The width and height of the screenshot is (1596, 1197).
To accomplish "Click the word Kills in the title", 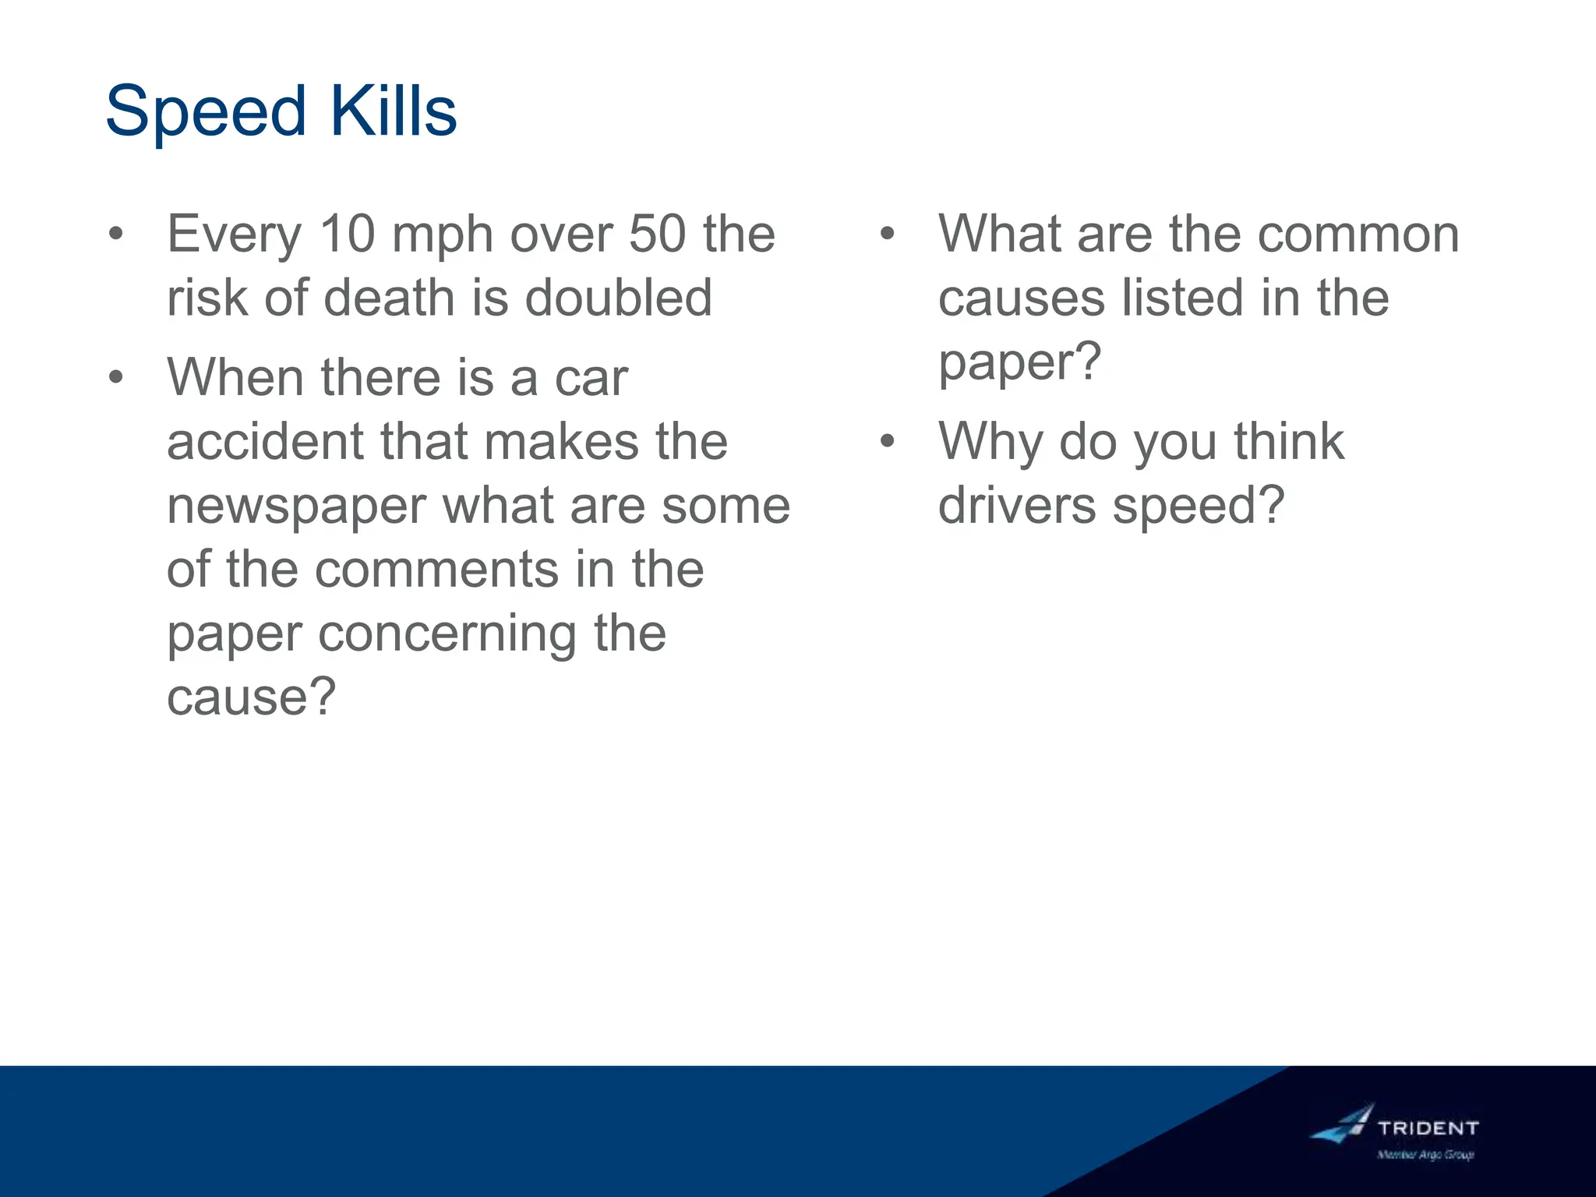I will (393, 111).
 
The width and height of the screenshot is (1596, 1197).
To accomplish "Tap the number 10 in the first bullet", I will (348, 234).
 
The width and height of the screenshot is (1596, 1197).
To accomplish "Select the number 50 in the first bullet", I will (657, 234).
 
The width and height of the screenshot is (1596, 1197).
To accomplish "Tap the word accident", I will (264, 442).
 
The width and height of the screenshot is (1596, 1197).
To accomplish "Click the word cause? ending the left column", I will (251, 697).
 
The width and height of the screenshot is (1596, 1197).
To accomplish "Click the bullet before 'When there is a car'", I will (116, 378).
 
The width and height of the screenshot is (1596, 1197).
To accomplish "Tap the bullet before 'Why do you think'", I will (887, 442).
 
